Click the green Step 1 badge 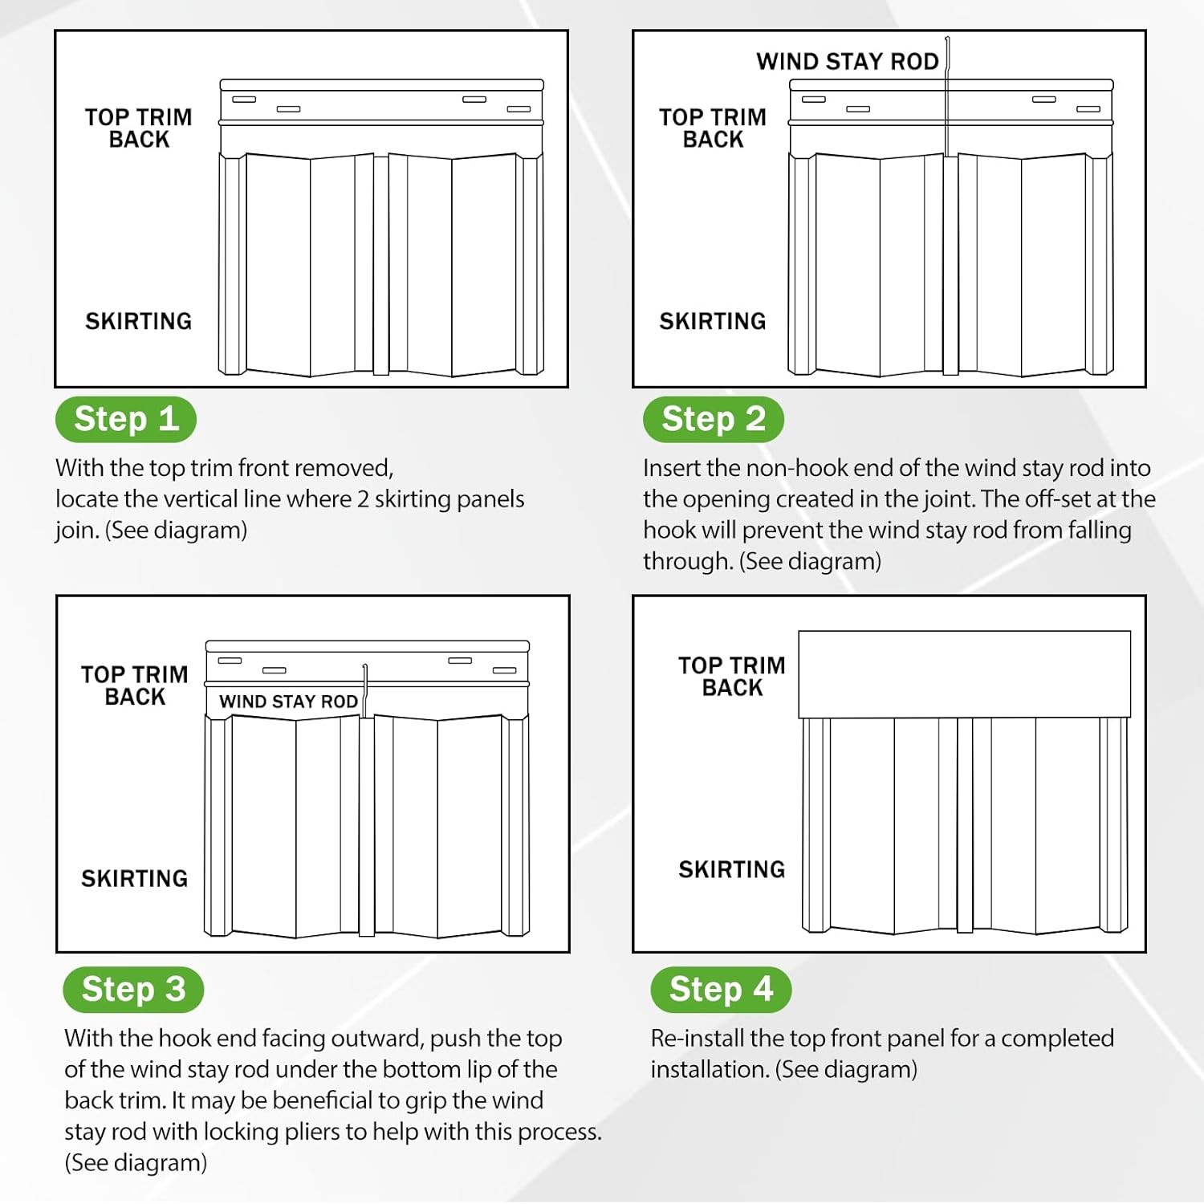point(126,419)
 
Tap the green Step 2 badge point(713,419)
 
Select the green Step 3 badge point(133,989)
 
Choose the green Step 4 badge point(721,989)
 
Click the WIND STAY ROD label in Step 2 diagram point(847,62)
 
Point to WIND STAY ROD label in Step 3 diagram point(288,702)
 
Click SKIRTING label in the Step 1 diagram point(139,321)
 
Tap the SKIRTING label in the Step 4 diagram point(731,869)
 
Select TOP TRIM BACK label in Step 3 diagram point(135,685)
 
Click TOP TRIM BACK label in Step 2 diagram point(713,128)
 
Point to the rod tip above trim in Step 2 point(947,40)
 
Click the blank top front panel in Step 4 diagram point(964,673)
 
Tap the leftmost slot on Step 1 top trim point(244,100)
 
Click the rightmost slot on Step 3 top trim point(505,670)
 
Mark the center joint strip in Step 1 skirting point(381,265)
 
